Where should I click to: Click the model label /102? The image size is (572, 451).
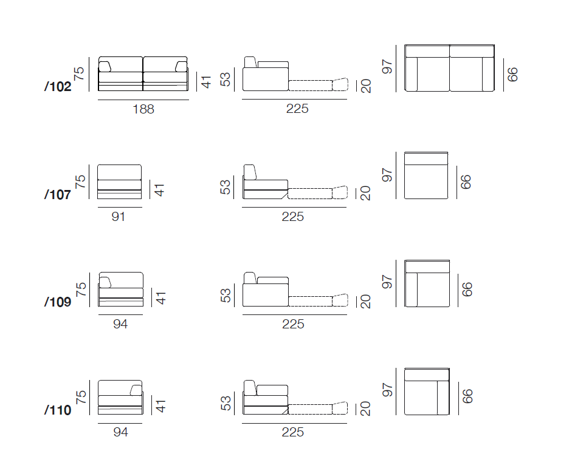(x=58, y=87)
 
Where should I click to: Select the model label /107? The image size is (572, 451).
(x=58, y=195)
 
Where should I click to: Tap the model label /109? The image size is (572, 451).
(x=58, y=302)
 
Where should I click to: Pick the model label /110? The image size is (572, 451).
(x=58, y=410)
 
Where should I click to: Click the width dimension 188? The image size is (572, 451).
(x=143, y=109)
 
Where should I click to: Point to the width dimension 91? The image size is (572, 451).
(x=119, y=216)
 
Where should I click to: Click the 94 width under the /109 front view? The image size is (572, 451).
(x=120, y=324)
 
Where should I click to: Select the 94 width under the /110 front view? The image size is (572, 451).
(x=120, y=432)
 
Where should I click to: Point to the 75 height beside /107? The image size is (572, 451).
(x=80, y=181)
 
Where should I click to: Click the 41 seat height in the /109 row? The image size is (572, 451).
(x=160, y=297)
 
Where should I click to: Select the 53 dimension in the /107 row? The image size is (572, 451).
(x=226, y=187)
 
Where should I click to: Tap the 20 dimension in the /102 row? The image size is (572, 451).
(x=366, y=86)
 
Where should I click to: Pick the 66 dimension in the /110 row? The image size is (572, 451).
(x=466, y=396)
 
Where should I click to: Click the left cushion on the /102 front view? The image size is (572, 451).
(x=105, y=66)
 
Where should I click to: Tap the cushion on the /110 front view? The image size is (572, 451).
(x=136, y=390)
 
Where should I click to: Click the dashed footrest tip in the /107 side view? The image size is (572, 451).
(x=340, y=192)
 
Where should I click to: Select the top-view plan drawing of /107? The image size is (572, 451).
(x=426, y=175)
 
